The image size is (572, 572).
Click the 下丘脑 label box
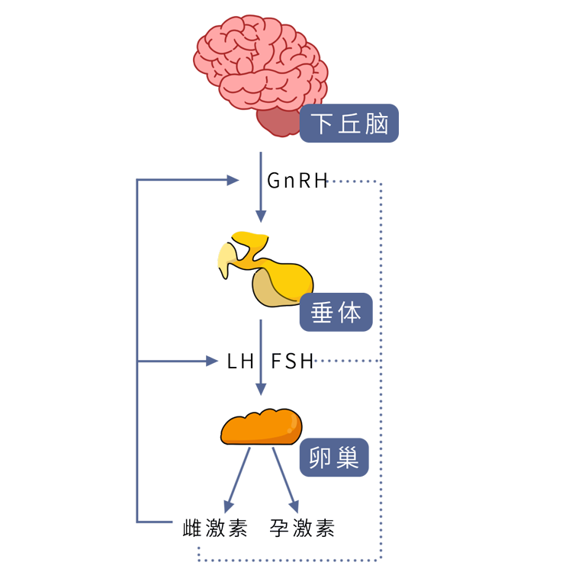349,124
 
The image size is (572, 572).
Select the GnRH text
297,181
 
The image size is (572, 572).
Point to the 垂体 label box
336,312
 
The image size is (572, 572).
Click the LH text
240,362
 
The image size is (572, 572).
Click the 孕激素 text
302,529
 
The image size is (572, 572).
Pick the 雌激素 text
217,529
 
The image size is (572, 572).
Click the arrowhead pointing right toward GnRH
232,181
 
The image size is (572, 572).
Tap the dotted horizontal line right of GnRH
354,182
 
